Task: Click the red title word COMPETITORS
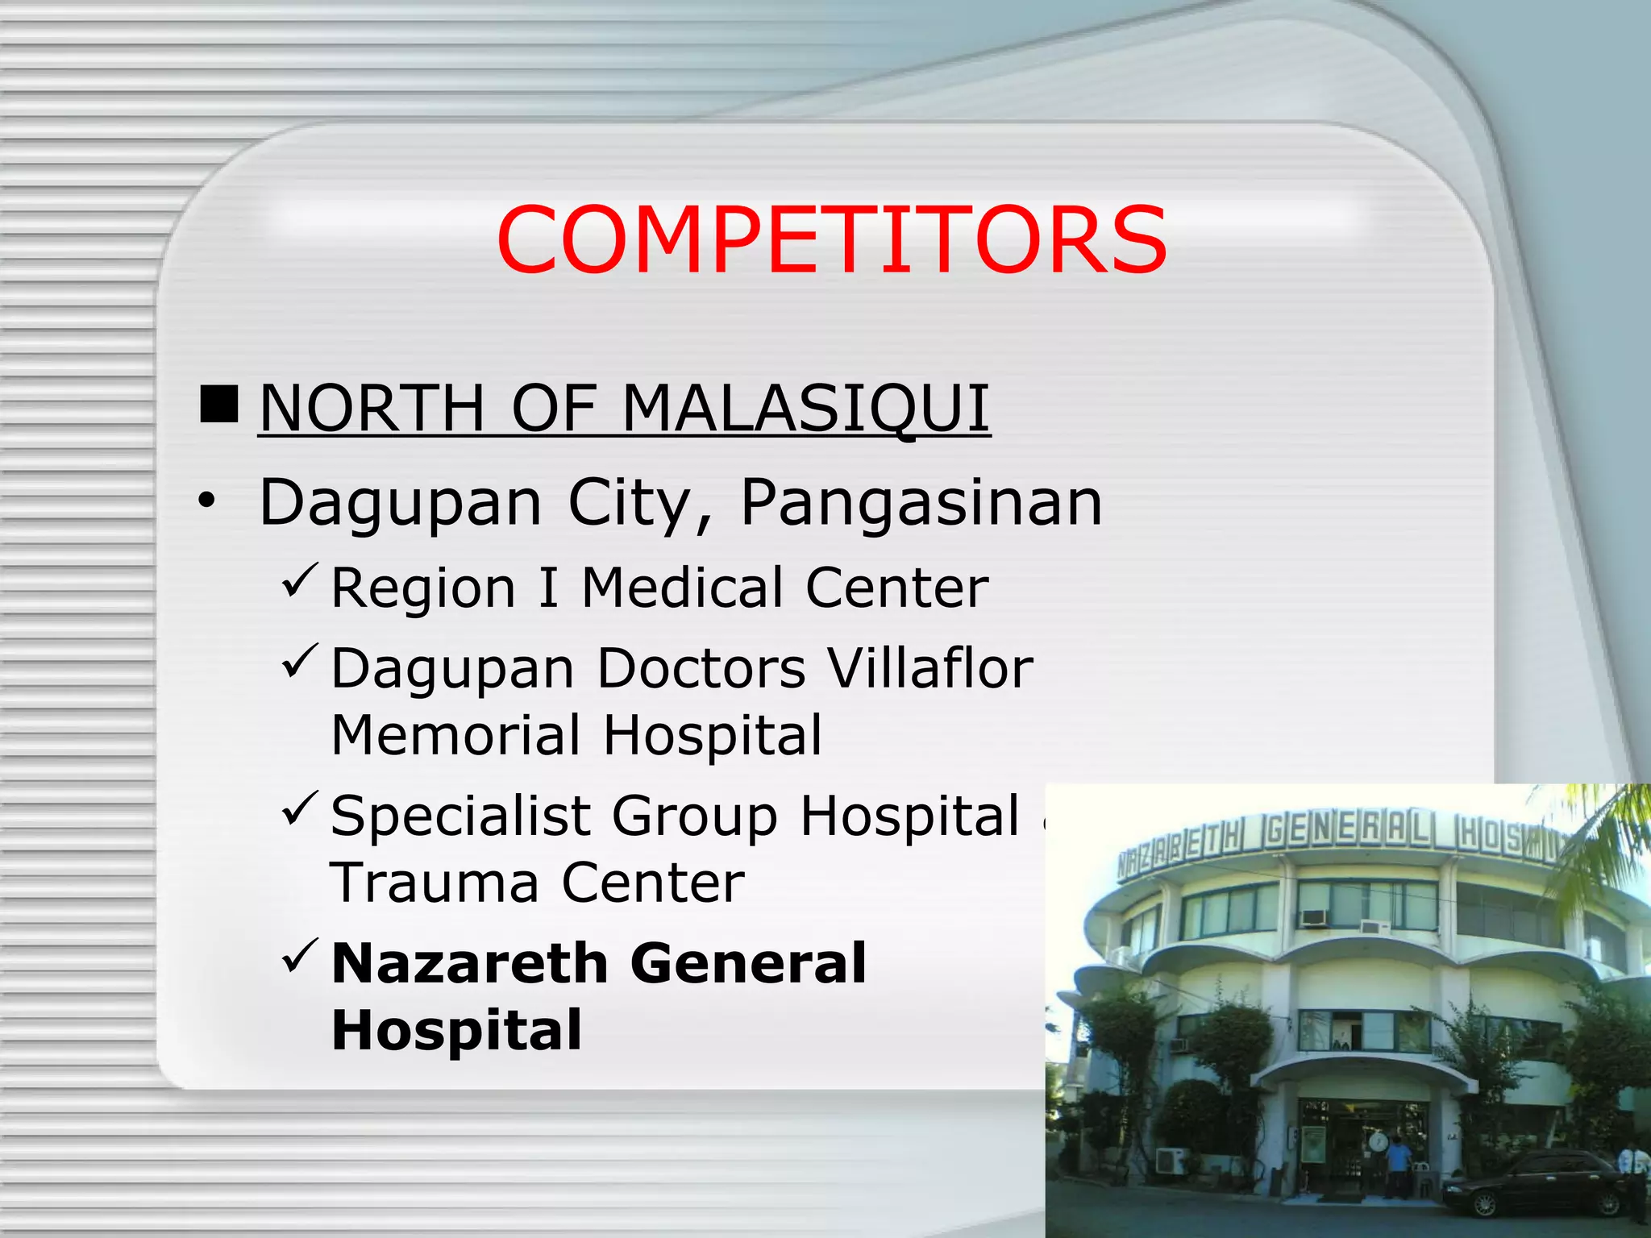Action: [831, 240]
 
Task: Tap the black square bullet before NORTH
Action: [218, 405]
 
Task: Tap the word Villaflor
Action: [930, 668]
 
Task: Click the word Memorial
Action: [455, 735]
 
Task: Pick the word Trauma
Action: [434, 883]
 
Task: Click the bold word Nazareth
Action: [469, 963]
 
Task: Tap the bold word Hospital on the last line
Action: [456, 1030]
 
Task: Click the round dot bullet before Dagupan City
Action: [207, 501]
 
